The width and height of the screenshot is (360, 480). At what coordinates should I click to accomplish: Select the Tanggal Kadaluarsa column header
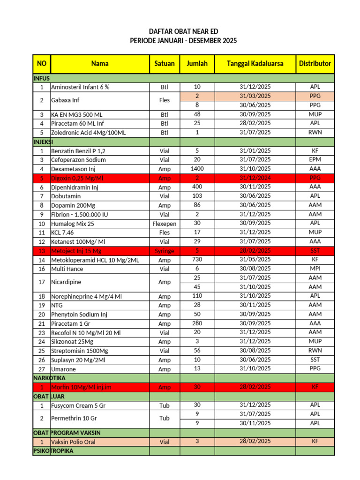point(255,63)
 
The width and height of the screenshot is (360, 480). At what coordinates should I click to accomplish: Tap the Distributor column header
point(315,63)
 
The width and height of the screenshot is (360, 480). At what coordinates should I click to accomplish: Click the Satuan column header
point(164,63)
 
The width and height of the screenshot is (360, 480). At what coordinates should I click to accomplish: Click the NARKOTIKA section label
point(49,378)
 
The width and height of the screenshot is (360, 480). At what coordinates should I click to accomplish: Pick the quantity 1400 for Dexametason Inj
point(197,169)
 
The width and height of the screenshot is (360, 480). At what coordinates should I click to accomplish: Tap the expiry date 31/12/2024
point(255,178)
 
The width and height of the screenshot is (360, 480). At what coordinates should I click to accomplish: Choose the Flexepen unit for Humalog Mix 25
point(164,224)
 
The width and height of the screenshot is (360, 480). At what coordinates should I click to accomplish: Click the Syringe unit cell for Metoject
point(164,251)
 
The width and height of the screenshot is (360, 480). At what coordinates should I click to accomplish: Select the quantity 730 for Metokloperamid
point(197,260)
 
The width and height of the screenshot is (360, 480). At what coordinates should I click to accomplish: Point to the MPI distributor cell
point(315,269)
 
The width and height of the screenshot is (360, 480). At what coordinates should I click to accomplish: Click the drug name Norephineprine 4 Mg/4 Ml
point(86,296)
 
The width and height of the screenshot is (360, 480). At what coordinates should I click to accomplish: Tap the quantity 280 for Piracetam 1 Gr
point(197,323)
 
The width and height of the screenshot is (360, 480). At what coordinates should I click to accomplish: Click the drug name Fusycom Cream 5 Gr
point(79,405)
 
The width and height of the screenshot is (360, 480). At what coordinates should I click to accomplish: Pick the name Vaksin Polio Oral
point(73,442)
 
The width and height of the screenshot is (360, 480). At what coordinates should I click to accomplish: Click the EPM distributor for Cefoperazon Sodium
point(315,160)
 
